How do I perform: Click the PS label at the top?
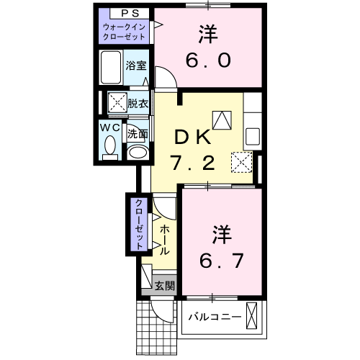pyautogui.click(x=125, y=14)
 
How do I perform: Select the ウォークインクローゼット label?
pyautogui.click(x=125, y=32)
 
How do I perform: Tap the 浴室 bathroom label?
pyautogui.click(x=136, y=66)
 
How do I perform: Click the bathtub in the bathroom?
pyautogui.click(x=111, y=68)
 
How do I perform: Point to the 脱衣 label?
pyautogui.click(x=138, y=102)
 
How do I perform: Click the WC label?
pyautogui.click(x=109, y=127)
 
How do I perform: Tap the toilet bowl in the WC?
pyautogui.click(x=109, y=148)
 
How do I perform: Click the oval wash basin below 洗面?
pyautogui.click(x=137, y=152)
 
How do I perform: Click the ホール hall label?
pyautogui.click(x=164, y=240)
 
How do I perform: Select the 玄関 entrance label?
pyautogui.click(x=164, y=286)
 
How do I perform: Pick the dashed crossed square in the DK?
pyautogui.click(x=241, y=162)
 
